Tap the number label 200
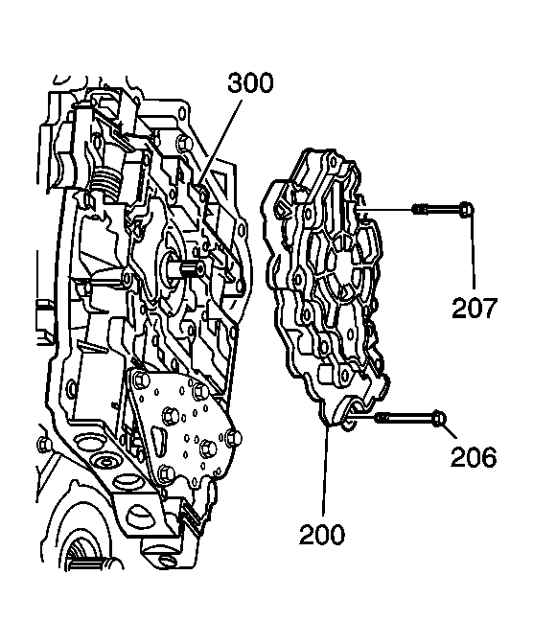[321, 532]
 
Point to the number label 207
[475, 308]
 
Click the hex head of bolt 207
[464, 210]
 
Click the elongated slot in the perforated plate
[151, 442]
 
